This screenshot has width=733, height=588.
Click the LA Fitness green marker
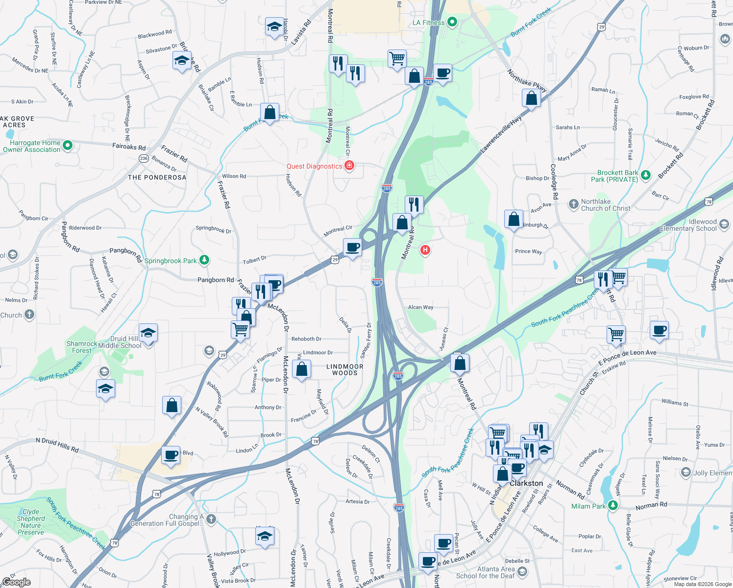click(452, 22)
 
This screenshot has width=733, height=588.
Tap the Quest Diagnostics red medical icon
click(349, 166)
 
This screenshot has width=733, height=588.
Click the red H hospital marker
click(425, 250)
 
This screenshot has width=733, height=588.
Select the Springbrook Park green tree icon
click(204, 260)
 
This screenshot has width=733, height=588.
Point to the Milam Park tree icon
click(613, 506)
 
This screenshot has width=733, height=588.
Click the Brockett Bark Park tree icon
click(646, 175)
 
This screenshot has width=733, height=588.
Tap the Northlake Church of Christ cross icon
click(574, 204)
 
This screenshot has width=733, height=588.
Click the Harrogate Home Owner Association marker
click(68, 146)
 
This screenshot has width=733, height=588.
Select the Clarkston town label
click(526, 483)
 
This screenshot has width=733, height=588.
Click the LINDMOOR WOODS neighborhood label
click(345, 369)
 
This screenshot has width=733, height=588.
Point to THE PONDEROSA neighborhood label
click(157, 177)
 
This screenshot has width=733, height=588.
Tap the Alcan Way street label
click(420, 307)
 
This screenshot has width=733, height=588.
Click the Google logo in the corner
click(16, 582)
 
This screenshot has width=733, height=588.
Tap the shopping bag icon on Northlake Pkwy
click(531, 99)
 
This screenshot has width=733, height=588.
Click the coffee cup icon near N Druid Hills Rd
click(171, 455)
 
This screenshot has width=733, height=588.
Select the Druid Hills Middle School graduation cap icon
click(148, 333)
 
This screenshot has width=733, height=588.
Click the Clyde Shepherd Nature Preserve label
click(30, 522)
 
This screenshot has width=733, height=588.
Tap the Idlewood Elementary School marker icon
click(724, 225)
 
